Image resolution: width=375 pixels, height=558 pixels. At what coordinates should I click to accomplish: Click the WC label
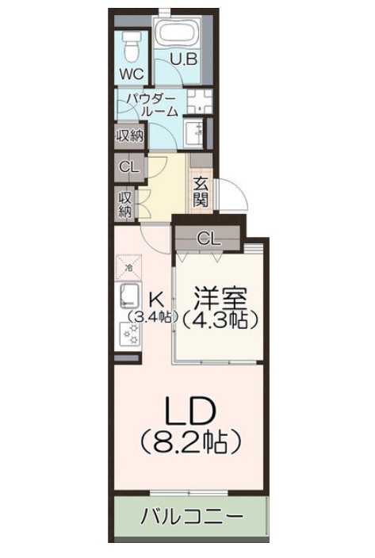[131, 74]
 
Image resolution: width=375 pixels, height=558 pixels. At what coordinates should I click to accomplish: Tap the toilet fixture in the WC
[132, 47]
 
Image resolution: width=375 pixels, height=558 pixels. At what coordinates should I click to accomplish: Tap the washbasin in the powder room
[195, 132]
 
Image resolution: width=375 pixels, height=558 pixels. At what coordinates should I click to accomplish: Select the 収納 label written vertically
[125, 204]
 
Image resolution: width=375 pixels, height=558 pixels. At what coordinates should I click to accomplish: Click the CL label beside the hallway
[128, 167]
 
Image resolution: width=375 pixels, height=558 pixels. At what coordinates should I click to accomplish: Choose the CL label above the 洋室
[209, 238]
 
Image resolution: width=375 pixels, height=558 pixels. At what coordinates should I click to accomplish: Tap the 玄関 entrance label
[201, 190]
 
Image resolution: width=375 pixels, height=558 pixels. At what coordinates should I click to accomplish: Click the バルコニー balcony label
[191, 518]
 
